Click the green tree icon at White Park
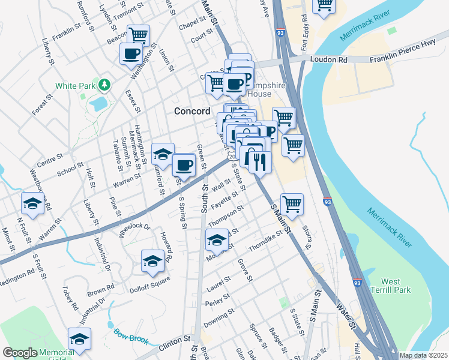tap(105, 85)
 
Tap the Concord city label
tap(192, 111)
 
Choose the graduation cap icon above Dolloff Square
tap(152, 260)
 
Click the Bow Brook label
tap(131, 335)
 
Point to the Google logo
tap(20, 353)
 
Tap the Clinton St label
tap(175, 344)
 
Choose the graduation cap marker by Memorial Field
tap(79, 339)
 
